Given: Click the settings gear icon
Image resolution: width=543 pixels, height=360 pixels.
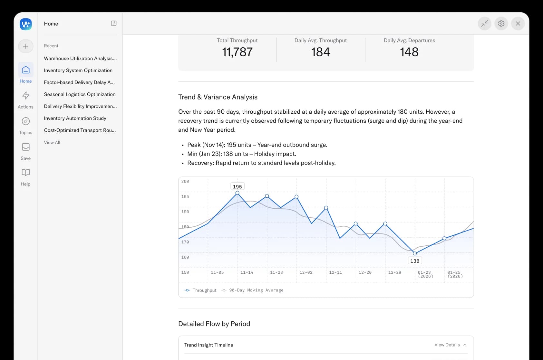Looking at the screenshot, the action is coord(501,24).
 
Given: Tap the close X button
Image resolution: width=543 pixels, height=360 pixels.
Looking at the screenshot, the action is coord(518,24).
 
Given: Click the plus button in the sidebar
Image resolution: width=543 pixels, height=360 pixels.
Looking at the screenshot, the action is coord(26,46).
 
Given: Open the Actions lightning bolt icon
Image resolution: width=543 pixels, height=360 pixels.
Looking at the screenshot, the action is coord(26,95).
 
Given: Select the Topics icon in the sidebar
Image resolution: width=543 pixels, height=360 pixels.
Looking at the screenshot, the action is coord(26,121).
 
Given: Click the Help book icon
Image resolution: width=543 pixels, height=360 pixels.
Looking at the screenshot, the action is coord(26,173).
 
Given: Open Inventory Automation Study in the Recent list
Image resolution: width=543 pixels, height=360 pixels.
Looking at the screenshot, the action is coord(75,118).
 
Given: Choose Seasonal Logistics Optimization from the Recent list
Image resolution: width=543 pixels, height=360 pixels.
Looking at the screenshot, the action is coord(80,94).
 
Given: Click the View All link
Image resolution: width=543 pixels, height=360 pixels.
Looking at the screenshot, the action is coord(52,142).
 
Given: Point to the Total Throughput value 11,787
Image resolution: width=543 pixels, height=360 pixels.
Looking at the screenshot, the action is coord(237,52).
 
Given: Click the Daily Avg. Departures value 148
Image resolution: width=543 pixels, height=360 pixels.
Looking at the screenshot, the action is coord(409,52).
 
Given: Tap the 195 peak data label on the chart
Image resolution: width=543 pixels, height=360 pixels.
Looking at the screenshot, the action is coord(237,186).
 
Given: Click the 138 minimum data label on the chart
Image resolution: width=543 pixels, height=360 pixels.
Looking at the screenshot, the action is coord(415,261).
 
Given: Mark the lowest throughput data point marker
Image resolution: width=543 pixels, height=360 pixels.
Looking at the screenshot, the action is coord(415,253).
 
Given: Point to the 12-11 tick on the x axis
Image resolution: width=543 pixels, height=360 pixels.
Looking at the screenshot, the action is coord(335,272).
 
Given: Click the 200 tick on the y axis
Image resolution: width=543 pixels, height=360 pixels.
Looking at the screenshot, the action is coord(185,182).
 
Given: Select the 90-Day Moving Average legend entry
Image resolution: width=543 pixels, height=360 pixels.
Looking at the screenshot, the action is coord(253,290).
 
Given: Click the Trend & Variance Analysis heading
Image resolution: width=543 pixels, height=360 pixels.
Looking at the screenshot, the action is coord(218,97).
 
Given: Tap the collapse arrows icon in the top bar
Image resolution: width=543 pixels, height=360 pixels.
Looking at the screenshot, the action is coord(484,24).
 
